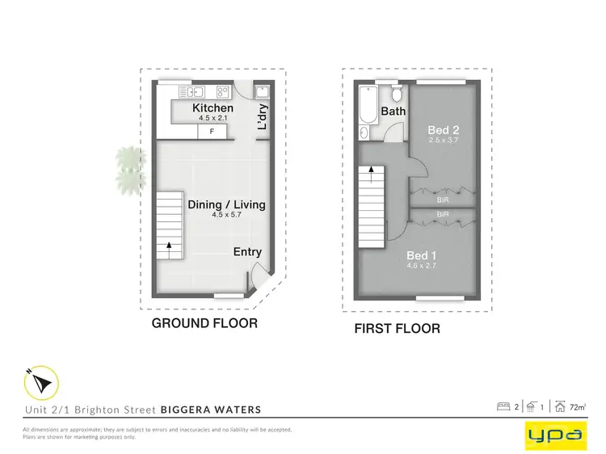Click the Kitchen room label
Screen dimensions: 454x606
[213, 108]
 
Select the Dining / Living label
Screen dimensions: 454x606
[226, 204]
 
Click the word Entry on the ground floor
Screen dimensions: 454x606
[247, 252]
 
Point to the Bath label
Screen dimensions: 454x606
[393, 111]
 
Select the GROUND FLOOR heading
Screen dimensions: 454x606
[205, 323]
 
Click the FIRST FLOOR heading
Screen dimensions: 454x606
[398, 329]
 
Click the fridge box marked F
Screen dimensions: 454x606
[212, 130]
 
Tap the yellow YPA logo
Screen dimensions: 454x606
[553, 435]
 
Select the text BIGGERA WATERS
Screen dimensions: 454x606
[211, 410]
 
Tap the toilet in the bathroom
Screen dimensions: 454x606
[396, 90]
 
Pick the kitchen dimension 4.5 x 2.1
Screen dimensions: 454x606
[213, 118]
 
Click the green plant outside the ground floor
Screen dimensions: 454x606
[126, 168]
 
